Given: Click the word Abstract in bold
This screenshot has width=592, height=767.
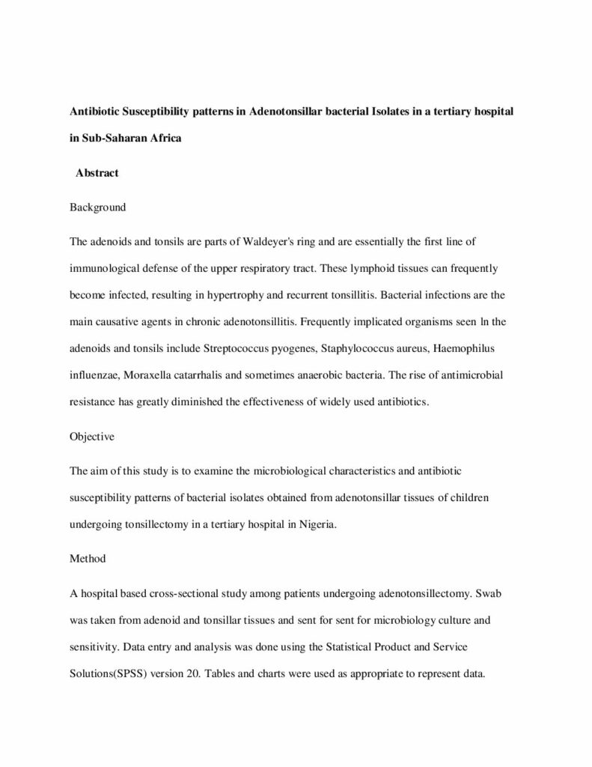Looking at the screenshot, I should [x=97, y=173].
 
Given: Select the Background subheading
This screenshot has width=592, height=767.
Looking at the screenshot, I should [x=97, y=207].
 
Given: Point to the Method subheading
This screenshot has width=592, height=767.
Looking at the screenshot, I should [x=88, y=558].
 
